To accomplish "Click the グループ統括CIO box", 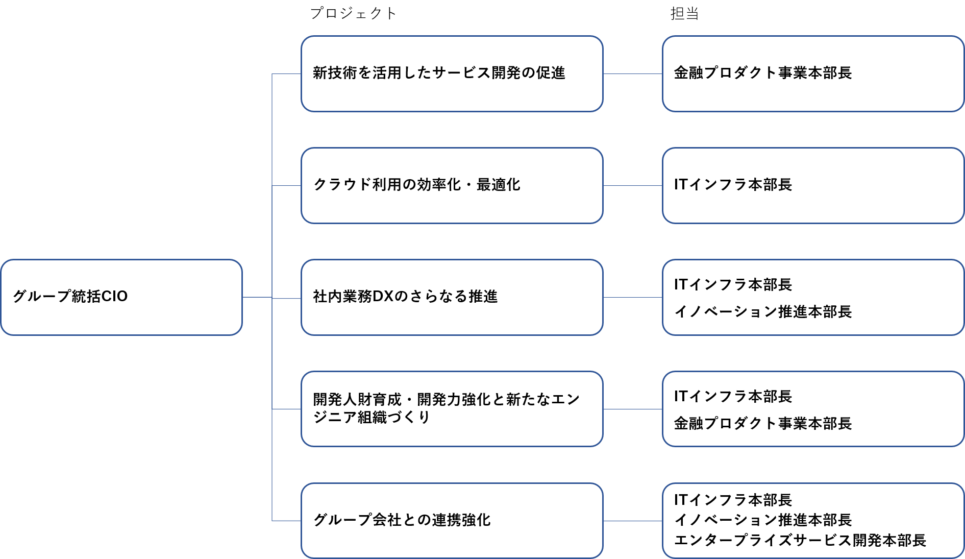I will [121, 297].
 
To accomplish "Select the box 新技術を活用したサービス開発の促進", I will [452, 74].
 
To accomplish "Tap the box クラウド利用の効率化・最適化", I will [452, 185].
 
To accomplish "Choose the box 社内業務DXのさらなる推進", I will [452, 297].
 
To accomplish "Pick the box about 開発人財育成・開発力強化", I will [452, 409].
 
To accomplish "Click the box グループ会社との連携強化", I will [452, 521].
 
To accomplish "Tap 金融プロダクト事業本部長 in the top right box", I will [762, 73].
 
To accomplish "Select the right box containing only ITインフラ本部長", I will [812, 185].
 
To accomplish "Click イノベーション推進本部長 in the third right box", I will [762, 311].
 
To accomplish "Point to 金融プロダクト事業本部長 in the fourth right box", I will [762, 423].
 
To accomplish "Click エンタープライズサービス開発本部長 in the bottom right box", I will [800, 540].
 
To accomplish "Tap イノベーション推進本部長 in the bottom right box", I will [762, 520].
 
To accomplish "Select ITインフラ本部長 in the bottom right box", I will [733, 500].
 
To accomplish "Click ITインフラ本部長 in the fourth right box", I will [733, 396].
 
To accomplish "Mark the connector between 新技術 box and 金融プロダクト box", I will [633, 74].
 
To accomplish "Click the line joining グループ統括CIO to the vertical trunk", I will [257, 297].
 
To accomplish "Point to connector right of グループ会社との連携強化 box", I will [633, 521].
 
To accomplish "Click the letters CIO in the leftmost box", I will [114, 296].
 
